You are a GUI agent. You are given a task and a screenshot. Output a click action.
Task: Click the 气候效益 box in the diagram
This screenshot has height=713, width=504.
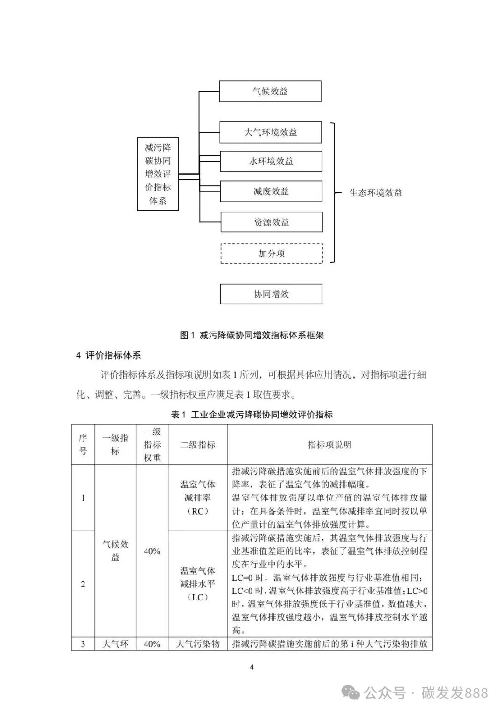coord(270,92)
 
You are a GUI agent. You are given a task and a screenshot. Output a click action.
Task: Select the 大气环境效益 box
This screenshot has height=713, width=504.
coord(271,133)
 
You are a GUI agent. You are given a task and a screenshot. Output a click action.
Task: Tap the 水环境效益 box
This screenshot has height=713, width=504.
coord(271,162)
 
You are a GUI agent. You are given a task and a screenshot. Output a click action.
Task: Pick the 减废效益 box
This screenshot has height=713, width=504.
coord(271,191)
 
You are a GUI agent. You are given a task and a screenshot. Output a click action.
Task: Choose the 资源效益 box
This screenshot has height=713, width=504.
coord(272,222)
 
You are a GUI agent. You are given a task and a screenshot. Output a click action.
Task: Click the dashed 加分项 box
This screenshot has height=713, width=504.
coord(272,254)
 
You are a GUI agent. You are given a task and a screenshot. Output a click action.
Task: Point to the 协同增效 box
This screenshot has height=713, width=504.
coord(271,294)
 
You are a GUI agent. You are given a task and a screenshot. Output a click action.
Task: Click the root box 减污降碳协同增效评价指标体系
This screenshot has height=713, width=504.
coord(158,174)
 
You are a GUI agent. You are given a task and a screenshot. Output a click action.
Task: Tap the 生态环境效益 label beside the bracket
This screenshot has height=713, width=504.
coord(376,193)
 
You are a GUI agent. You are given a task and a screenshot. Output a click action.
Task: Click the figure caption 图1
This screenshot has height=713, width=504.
coord(252,335)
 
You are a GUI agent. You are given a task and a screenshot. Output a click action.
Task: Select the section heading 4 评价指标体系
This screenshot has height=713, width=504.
coord(108,355)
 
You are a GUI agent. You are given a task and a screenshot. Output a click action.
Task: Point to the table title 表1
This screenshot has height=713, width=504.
coord(252,415)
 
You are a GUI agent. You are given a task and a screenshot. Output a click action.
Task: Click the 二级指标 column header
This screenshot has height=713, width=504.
coord(198,445)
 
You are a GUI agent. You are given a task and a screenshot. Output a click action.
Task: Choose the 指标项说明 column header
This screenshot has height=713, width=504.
coord(329,445)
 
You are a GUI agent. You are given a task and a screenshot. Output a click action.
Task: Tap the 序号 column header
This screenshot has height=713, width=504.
coord(83,445)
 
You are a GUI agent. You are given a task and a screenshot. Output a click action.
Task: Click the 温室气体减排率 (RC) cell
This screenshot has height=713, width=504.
coord(198,498)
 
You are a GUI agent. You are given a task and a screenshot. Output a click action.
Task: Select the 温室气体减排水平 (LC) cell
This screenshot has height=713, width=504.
coord(198,584)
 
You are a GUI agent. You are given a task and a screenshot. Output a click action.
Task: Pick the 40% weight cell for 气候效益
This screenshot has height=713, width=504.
coord(152,551)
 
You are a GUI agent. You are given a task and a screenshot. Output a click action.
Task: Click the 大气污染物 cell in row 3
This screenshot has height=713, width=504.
coord(198,644)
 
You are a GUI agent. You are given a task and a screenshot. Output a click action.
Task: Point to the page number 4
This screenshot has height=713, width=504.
coord(252,667)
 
